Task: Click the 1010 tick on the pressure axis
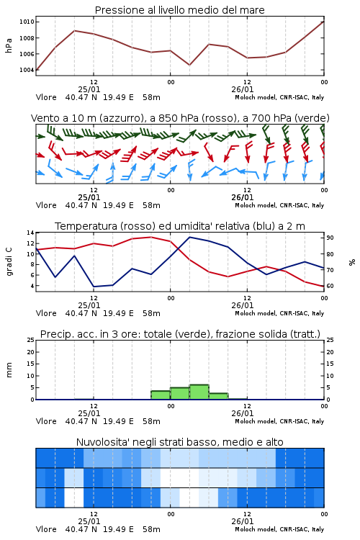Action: (27, 22)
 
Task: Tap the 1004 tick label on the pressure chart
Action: (27, 70)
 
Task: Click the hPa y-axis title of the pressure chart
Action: (9, 45)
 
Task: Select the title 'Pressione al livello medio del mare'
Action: (180, 10)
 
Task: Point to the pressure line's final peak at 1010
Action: (324, 22)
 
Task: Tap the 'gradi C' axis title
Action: (9, 262)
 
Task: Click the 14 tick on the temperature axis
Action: (30, 233)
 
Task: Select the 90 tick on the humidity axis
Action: (330, 238)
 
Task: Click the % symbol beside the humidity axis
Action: (352, 262)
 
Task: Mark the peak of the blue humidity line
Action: (189, 237)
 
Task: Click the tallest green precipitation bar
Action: (199, 392)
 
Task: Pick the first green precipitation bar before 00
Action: (161, 395)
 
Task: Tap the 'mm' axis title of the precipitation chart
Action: (9, 370)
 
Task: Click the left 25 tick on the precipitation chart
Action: (30, 340)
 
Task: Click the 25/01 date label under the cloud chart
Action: (89, 521)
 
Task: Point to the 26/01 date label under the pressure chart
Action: (242, 89)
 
